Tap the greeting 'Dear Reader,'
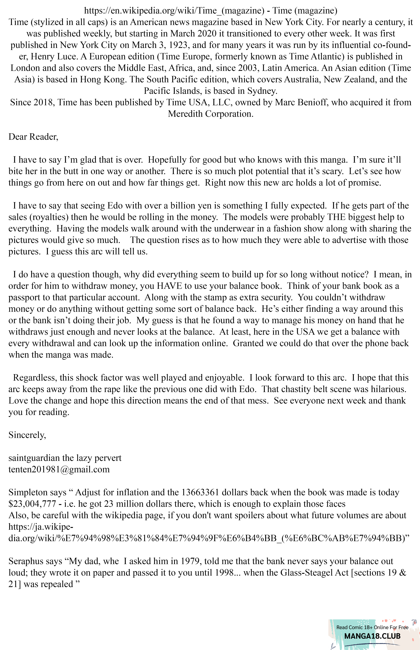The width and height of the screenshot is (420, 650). (33, 136)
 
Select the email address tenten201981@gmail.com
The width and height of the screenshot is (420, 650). (59, 469)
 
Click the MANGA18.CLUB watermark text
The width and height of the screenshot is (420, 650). (372, 636)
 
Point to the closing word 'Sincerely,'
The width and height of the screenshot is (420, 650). (27, 435)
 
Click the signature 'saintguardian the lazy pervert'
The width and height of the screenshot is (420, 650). (65, 458)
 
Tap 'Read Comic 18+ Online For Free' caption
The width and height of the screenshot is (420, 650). (372, 627)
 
